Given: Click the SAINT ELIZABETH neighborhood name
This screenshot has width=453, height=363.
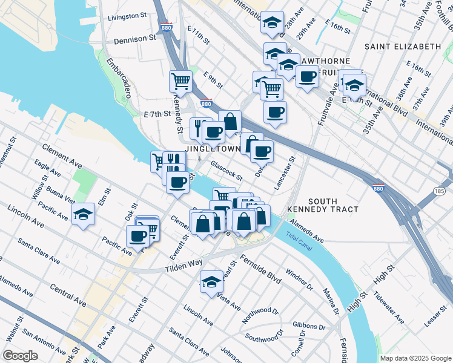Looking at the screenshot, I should tap(403, 47).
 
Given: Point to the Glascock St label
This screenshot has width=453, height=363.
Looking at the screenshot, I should tap(226, 170).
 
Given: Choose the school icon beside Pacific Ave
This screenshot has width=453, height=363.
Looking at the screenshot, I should tap(83, 214).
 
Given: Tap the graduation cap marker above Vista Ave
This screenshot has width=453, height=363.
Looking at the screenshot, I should tap(211, 282).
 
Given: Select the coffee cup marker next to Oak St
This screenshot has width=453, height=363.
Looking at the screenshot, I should tap(137, 236).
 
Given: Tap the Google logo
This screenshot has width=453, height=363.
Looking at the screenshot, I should tap(21, 356).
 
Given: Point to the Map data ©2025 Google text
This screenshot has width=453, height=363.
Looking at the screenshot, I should tap(415, 358).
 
